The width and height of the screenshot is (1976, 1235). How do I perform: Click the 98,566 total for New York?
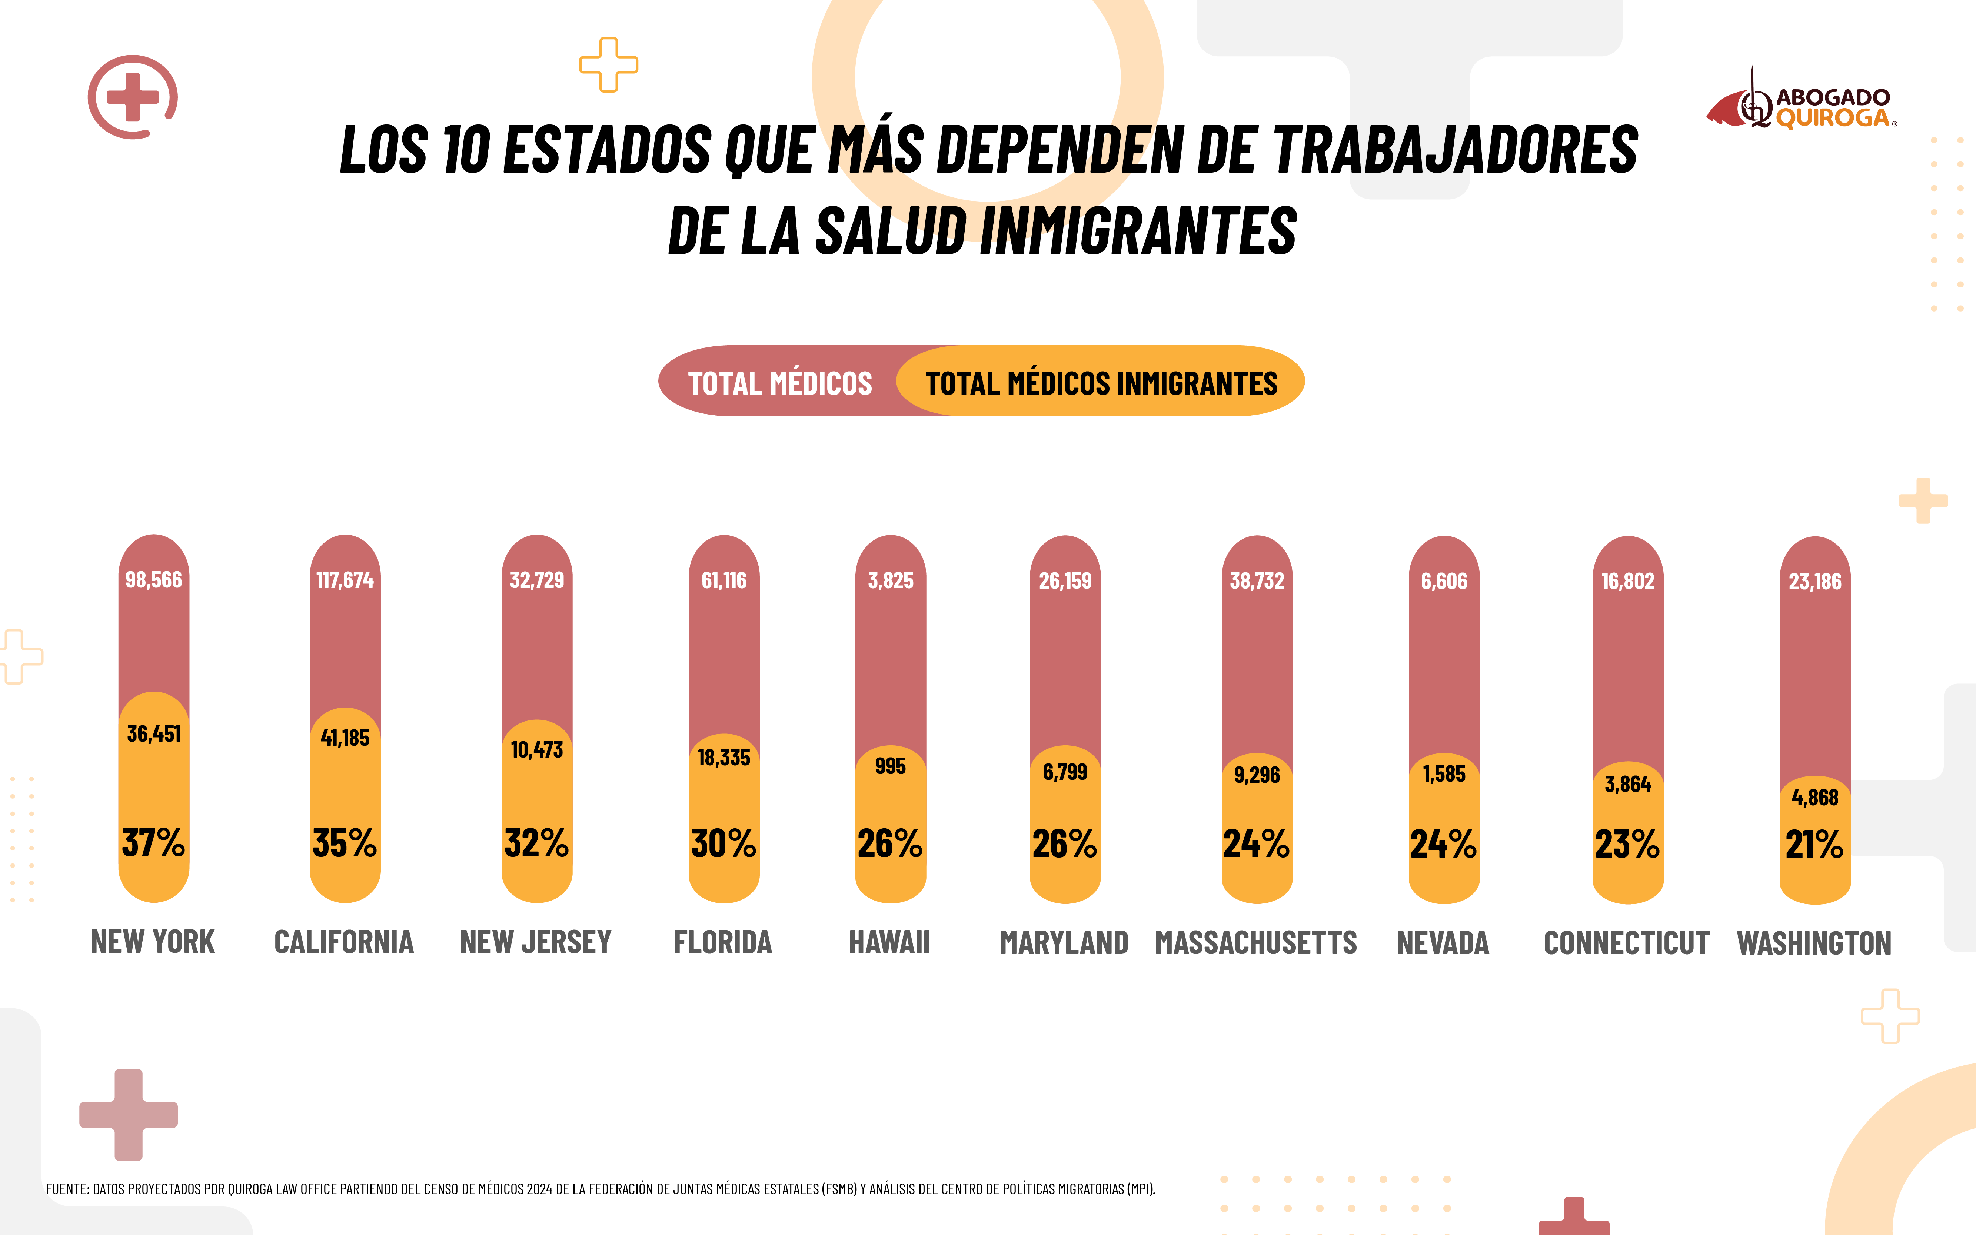tap(154, 580)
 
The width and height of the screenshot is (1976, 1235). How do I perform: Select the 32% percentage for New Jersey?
tap(536, 843)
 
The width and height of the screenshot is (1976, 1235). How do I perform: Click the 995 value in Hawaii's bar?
tap(890, 766)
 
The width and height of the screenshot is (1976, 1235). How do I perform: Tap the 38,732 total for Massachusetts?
tap(1256, 581)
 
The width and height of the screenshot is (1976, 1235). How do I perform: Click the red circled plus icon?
tap(132, 97)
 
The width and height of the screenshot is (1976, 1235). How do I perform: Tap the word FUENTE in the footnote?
tap(67, 1189)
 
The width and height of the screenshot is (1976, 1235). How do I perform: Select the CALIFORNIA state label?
tap(344, 943)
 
